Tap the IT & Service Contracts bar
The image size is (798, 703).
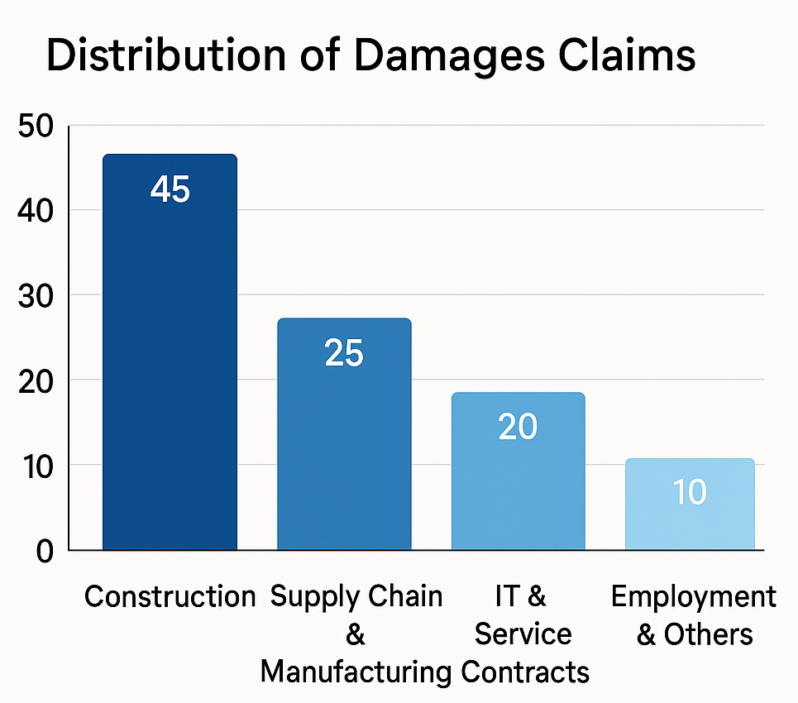(x=518, y=471)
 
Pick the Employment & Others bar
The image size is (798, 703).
(x=690, y=504)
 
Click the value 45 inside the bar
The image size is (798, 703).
(x=170, y=190)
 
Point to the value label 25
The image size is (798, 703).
(x=344, y=354)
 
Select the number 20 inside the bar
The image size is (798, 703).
(x=518, y=427)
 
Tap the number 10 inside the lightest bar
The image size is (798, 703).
(x=690, y=493)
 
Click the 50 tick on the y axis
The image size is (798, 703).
(x=35, y=127)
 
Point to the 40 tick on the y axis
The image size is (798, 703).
(x=35, y=211)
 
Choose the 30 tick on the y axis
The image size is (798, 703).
(x=35, y=296)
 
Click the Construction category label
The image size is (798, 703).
(x=170, y=596)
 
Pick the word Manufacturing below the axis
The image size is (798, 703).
(x=356, y=672)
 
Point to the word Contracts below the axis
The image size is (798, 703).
(x=525, y=672)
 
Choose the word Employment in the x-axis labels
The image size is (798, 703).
(x=693, y=596)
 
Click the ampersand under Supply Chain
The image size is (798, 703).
(x=355, y=634)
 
